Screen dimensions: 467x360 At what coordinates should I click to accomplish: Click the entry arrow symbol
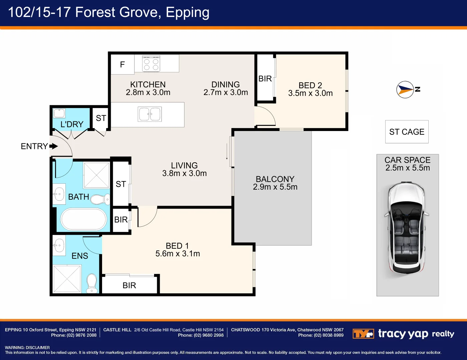click(53, 146)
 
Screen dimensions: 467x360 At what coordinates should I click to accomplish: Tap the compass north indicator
click(405, 90)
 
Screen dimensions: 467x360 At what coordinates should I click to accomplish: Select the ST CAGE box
click(407, 132)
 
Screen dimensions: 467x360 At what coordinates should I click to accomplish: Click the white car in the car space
click(406, 228)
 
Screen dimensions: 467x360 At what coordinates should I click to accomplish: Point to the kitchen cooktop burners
click(151, 64)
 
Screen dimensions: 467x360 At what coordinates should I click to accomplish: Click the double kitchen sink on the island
click(149, 114)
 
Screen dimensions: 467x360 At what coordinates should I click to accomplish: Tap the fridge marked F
click(122, 64)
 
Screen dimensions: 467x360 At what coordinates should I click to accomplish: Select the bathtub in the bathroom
click(84, 219)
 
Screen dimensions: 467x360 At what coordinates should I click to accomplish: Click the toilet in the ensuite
click(92, 283)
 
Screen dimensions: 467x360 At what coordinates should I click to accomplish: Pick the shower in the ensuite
click(67, 279)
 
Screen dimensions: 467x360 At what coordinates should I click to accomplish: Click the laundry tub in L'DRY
click(59, 113)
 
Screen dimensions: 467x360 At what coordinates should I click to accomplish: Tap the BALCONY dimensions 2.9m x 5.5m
click(275, 187)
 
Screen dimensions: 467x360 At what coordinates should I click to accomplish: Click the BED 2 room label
click(310, 85)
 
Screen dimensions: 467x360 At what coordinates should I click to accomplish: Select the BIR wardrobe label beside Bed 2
click(265, 79)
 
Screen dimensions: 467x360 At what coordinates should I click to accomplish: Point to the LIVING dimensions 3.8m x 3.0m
click(184, 173)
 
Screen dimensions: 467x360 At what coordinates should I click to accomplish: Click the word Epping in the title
click(187, 12)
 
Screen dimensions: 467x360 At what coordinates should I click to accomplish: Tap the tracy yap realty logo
click(403, 334)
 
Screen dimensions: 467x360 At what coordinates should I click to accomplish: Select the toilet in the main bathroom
click(100, 199)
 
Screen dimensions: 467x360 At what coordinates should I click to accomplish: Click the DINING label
click(225, 84)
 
